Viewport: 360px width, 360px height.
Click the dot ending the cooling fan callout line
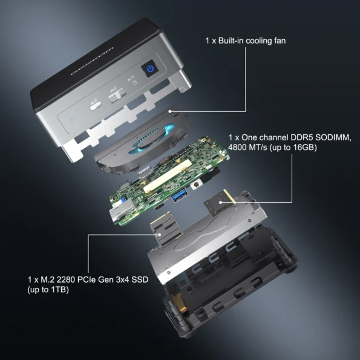click(172, 111)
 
